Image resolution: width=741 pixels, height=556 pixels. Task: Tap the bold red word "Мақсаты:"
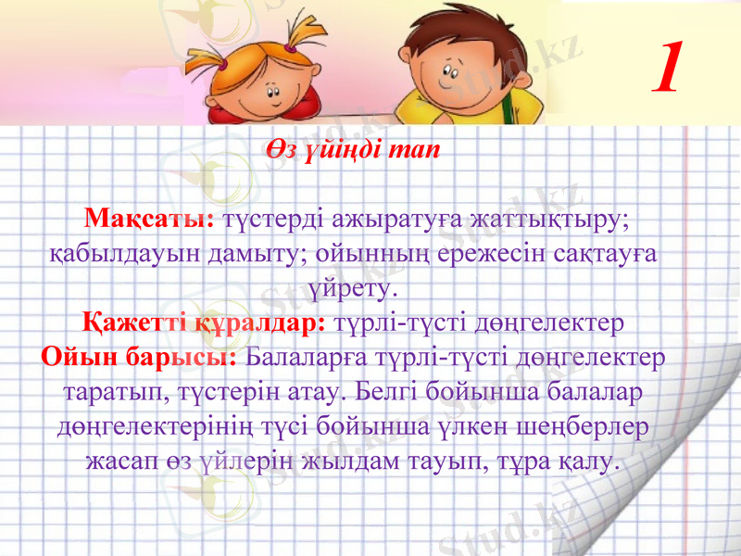[149, 220]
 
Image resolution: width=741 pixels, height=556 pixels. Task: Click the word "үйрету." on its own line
[356, 287]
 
